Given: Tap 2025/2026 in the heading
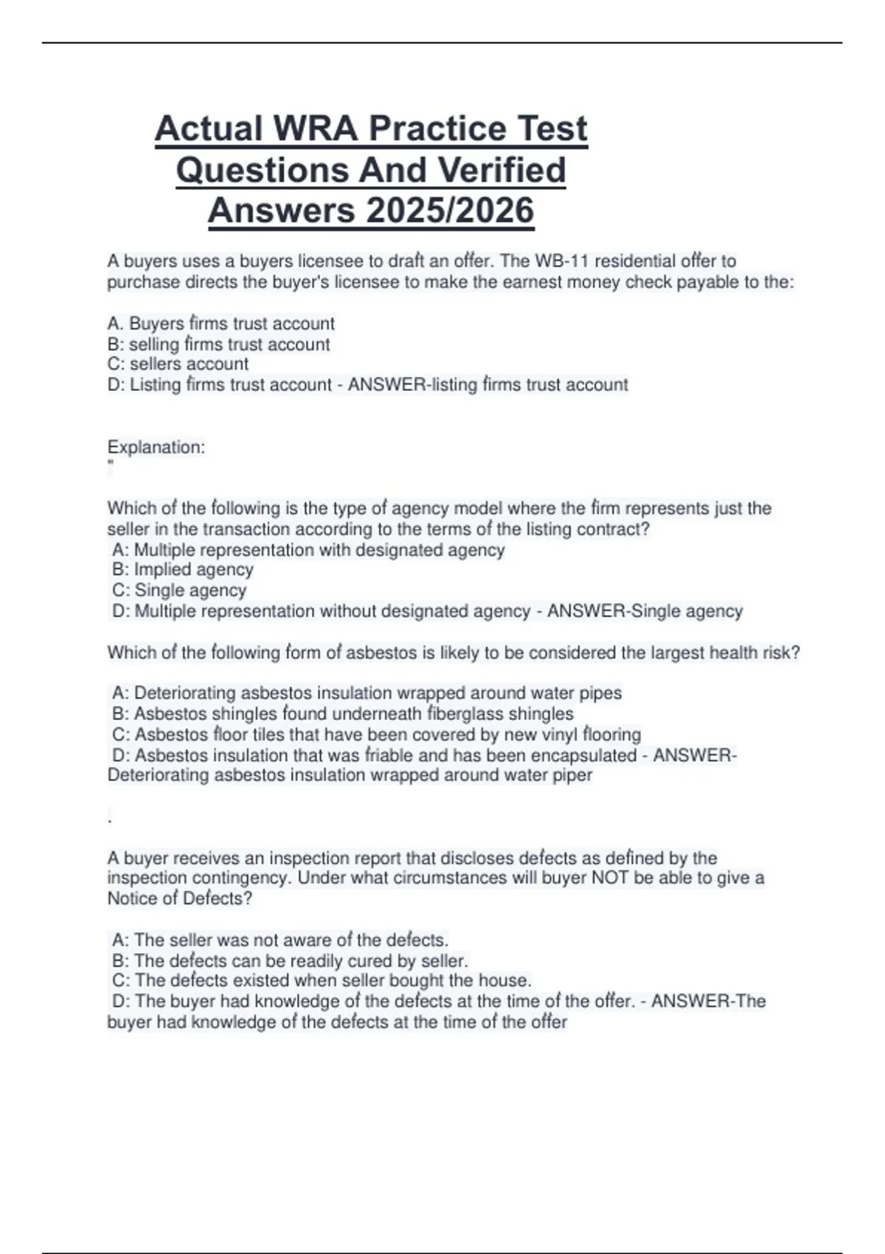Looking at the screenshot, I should click(x=449, y=210).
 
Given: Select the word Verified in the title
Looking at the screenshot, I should click(x=502, y=170).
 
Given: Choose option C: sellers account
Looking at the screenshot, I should click(x=178, y=364).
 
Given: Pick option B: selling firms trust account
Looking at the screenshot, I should click(x=218, y=344).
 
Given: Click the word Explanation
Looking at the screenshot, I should click(x=156, y=447).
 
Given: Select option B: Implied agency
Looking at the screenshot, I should click(x=182, y=569).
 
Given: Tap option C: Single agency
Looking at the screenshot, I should click(x=179, y=590).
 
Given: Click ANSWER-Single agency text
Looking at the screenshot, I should click(x=645, y=611).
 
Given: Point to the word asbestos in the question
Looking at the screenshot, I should click(x=381, y=653).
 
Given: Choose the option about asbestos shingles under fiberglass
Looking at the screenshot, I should click(x=342, y=714).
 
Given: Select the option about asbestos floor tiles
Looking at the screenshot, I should click(x=376, y=735).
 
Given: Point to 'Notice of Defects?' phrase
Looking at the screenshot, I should click(x=179, y=898).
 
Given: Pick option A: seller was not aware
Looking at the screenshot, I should click(x=280, y=940).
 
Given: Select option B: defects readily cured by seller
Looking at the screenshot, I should click(x=290, y=961).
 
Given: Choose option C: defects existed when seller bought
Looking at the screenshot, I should click(x=322, y=981).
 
